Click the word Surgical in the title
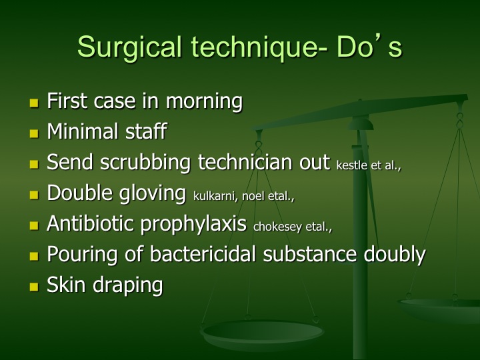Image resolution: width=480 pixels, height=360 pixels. pos(130,47)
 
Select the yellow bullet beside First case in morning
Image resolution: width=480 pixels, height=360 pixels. pos(34,103)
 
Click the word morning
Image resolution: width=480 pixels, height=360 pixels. pos(204,101)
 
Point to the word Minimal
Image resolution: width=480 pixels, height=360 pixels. pos(83,131)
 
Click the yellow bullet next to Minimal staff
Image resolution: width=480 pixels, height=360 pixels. pos(34,133)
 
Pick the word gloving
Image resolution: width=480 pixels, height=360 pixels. pos(152,194)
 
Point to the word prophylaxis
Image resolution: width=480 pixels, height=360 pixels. pos(193,225)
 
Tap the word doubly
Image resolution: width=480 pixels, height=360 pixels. pos(394,255)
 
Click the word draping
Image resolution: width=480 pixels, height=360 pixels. pos(127,286)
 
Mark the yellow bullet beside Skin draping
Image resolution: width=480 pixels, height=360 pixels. pos(34,287)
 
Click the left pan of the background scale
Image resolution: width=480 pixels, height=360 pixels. pos(262,334)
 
